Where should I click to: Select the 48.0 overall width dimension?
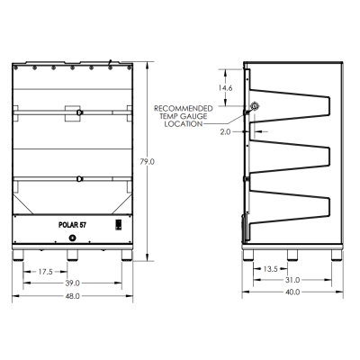pos(73,295)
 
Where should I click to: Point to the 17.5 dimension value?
pos(45,271)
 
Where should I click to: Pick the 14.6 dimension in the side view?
pos(228,88)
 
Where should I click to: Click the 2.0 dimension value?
pos(225,130)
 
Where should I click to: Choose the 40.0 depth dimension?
pos(292,292)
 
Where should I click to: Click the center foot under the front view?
pos(74,256)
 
